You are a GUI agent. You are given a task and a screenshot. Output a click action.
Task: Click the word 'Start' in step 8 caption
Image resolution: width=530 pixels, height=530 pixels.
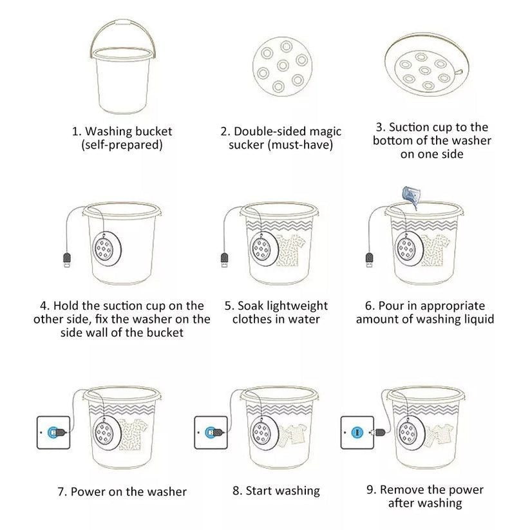262,491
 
